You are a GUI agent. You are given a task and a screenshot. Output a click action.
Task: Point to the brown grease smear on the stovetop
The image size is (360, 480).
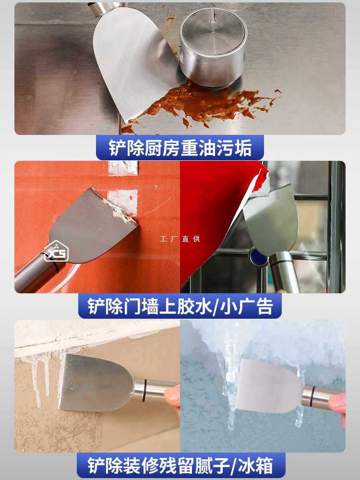click(x=202, y=103)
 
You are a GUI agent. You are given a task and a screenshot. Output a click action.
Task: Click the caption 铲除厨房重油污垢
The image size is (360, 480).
click(x=180, y=148)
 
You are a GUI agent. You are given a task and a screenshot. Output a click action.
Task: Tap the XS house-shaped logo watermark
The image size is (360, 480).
click(x=56, y=251)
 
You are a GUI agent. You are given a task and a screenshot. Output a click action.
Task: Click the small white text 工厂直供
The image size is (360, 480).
click(x=180, y=239)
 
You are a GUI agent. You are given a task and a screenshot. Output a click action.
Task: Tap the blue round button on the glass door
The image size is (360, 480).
click(x=259, y=257)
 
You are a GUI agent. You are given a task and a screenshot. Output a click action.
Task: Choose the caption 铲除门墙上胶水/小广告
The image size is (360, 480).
click(x=180, y=306)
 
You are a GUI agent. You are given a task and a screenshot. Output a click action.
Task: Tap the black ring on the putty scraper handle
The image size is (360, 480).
click(x=144, y=390)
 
